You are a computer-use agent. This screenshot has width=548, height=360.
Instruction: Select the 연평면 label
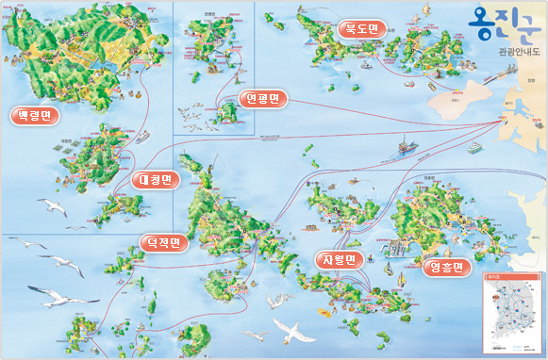click(261, 99)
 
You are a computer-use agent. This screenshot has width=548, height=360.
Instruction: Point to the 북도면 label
click(360, 28)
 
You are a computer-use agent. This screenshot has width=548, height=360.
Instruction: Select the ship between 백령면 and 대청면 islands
click(142, 137)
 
